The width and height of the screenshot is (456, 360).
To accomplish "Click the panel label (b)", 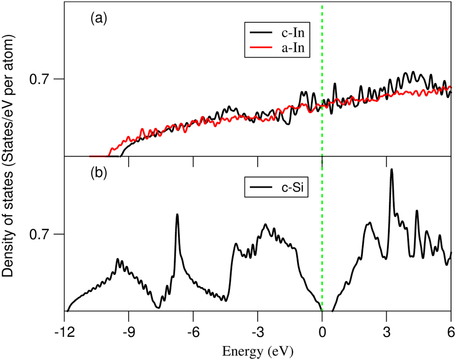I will (98, 173).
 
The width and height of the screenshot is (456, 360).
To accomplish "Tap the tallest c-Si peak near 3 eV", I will (392, 170).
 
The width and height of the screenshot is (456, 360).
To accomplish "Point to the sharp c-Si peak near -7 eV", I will (177, 215).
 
